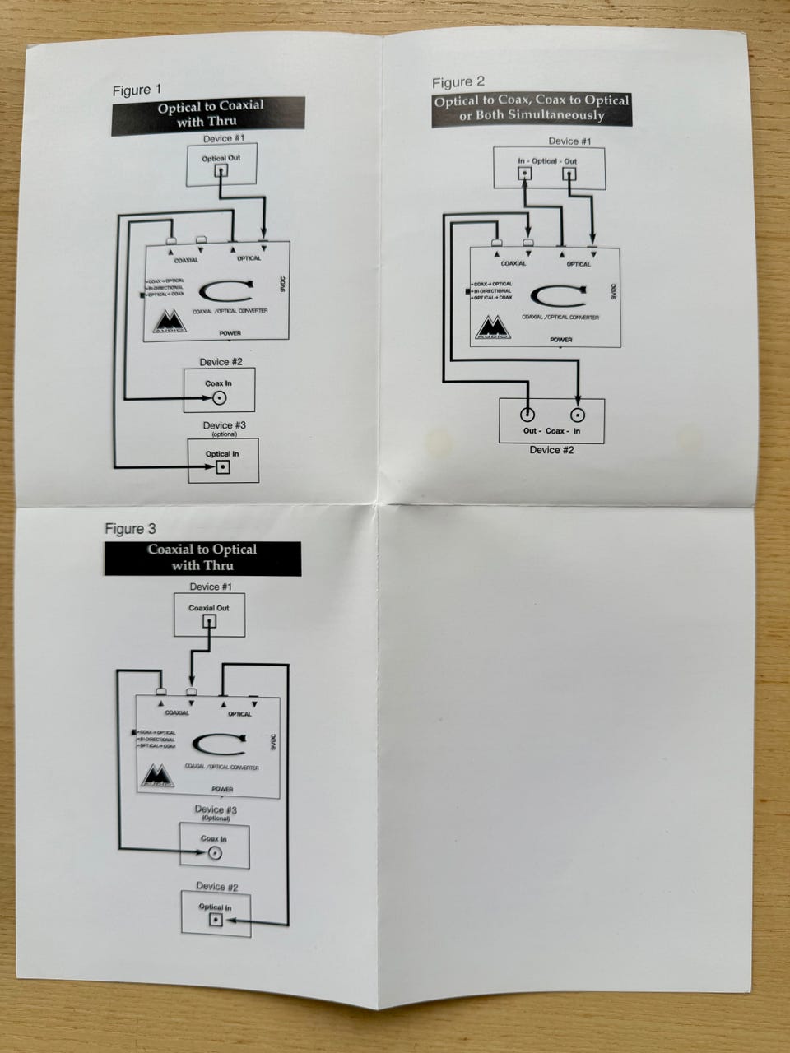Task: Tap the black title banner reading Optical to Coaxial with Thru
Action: (x=209, y=114)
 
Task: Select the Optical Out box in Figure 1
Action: (x=221, y=165)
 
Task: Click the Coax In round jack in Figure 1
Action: (x=220, y=399)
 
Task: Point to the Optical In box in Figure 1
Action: (x=222, y=461)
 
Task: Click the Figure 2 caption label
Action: (x=458, y=82)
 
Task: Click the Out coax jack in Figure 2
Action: (x=527, y=415)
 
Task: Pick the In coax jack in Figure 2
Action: (x=579, y=415)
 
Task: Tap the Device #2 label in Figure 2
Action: (x=551, y=450)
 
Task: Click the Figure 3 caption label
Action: (x=130, y=528)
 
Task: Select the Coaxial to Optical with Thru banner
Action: (x=202, y=559)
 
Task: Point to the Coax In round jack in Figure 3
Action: (x=214, y=853)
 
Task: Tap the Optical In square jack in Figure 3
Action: (x=216, y=920)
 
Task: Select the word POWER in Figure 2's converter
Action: (x=561, y=339)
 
